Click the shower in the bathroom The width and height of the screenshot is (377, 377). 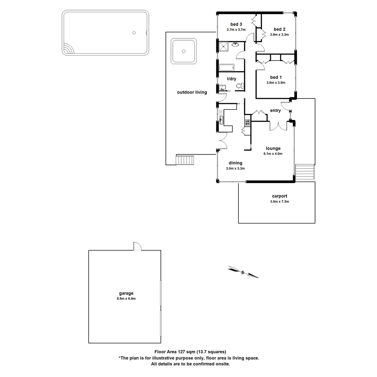pyautogui.click(x=224, y=46)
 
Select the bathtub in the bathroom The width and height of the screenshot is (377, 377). pyautogui.click(x=226, y=68)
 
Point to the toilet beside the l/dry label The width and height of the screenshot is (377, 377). pyautogui.click(x=239, y=86)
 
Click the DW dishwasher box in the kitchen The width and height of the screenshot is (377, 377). pyautogui.click(x=221, y=112)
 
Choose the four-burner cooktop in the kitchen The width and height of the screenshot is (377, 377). pyautogui.click(x=247, y=122)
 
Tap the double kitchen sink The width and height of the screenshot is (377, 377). pyautogui.click(x=221, y=119)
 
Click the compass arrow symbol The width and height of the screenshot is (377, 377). pyautogui.click(x=243, y=272)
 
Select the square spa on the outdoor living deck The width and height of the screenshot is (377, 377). pyautogui.click(x=184, y=51)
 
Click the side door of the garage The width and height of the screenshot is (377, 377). pyautogui.click(x=137, y=247)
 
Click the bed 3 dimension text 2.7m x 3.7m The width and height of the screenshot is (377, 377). pyautogui.click(x=236, y=30)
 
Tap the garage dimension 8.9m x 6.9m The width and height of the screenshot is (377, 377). pyautogui.click(x=126, y=299)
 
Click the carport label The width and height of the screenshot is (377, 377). pyautogui.click(x=279, y=196)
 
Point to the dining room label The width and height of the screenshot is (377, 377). pyautogui.click(x=235, y=163)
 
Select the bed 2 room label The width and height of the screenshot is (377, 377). pyautogui.click(x=279, y=29)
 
